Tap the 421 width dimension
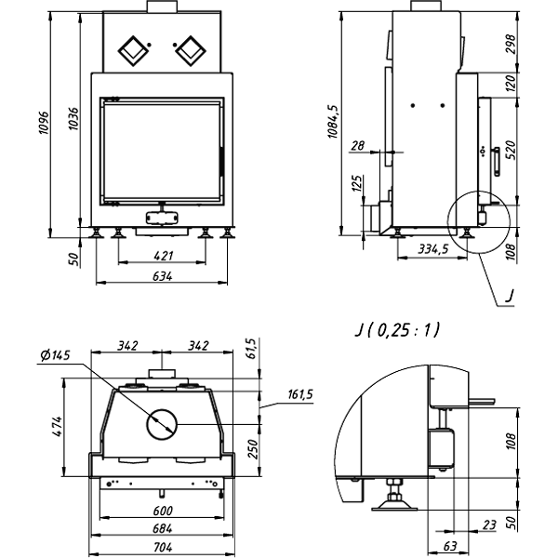pos(164,256)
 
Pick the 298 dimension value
pos(509,45)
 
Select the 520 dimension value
pos(509,148)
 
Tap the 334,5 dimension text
pos(433,249)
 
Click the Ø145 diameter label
pos(57,354)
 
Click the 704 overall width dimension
pos(164,546)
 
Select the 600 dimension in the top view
pos(164,511)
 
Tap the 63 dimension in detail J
pos(448,546)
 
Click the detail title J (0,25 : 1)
pos(397,330)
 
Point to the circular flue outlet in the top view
pos(164,425)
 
